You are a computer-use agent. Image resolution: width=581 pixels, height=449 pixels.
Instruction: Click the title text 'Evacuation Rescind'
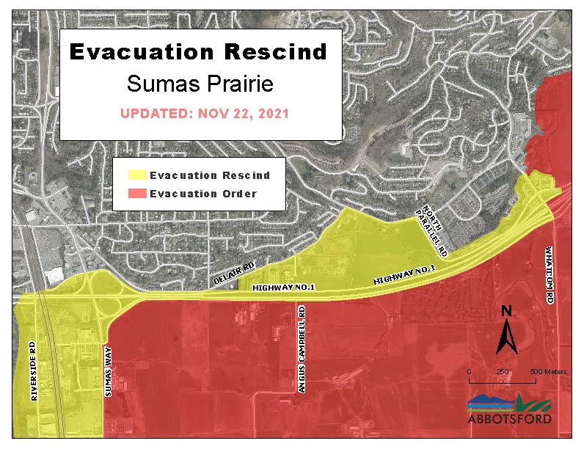(x=198, y=52)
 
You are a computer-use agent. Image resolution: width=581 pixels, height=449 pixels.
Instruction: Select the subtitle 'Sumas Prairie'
(x=200, y=84)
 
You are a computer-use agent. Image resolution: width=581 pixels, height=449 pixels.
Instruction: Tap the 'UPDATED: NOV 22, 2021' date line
(x=204, y=114)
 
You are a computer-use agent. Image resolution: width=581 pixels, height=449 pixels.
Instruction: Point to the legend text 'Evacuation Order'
(x=203, y=194)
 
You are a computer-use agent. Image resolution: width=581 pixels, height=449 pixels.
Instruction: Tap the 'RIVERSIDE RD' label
(x=34, y=370)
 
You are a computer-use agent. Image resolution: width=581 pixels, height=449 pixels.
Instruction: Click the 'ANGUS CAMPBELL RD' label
(x=302, y=350)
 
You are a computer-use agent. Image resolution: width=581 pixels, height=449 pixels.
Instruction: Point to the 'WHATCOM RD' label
(x=549, y=275)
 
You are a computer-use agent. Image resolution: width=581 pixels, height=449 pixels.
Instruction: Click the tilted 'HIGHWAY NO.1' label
(x=404, y=276)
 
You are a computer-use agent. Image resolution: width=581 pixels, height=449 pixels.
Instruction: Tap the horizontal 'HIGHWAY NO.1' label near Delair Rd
(x=283, y=288)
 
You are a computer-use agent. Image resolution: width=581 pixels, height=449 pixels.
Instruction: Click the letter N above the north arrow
(x=506, y=311)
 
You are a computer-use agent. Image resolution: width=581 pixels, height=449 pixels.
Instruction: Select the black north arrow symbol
(x=506, y=337)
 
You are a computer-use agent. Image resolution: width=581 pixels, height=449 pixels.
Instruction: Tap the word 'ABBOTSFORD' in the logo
(x=509, y=420)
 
